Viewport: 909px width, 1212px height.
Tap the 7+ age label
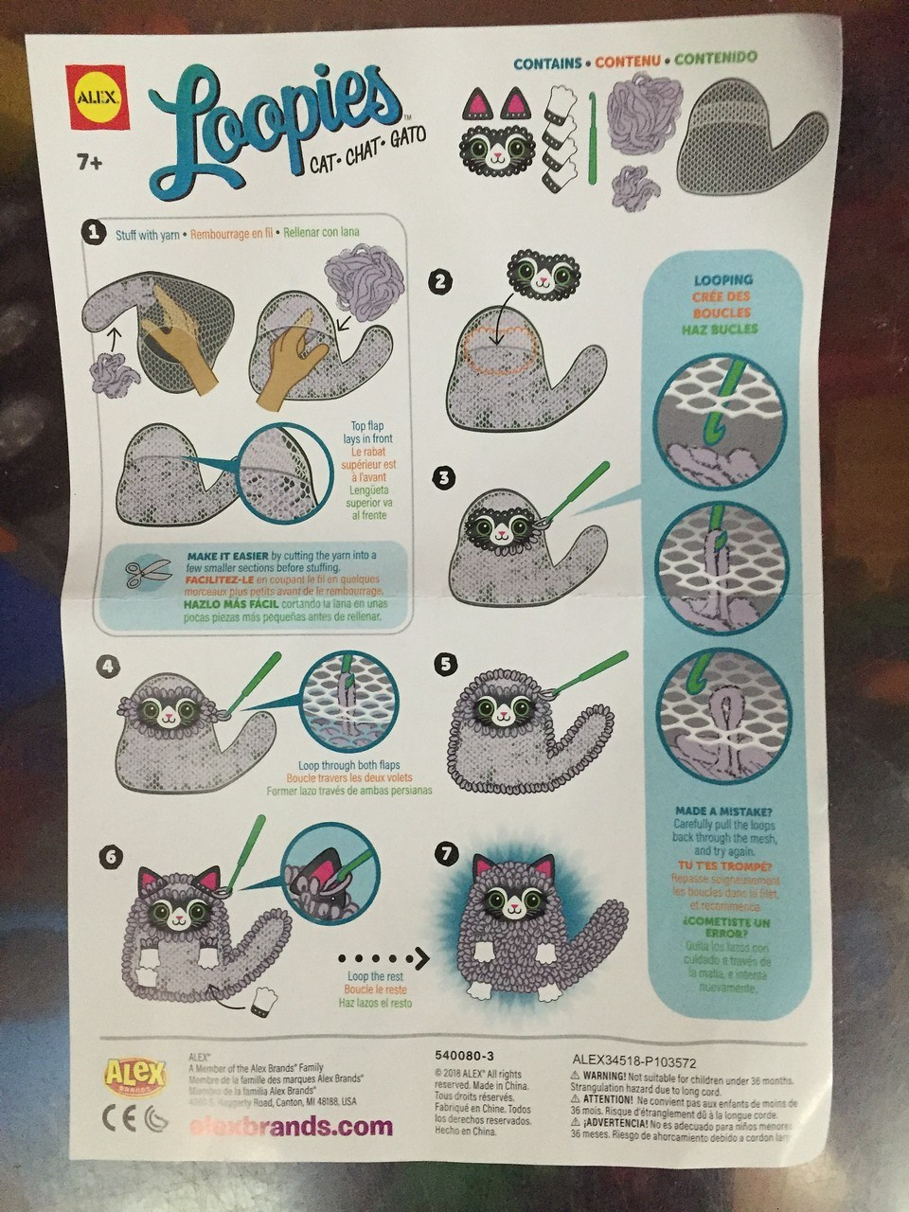[90, 163]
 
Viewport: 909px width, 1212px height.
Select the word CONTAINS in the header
[547, 63]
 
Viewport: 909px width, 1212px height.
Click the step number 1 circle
[93, 232]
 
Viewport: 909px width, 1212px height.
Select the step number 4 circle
[110, 667]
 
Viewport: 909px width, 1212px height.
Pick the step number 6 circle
[111, 857]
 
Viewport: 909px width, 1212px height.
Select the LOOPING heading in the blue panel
[723, 280]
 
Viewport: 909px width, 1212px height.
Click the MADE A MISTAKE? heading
[723, 811]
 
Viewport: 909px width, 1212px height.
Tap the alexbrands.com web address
[291, 1127]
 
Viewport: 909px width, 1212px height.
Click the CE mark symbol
[116, 1118]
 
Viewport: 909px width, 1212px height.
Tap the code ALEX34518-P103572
[634, 1062]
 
